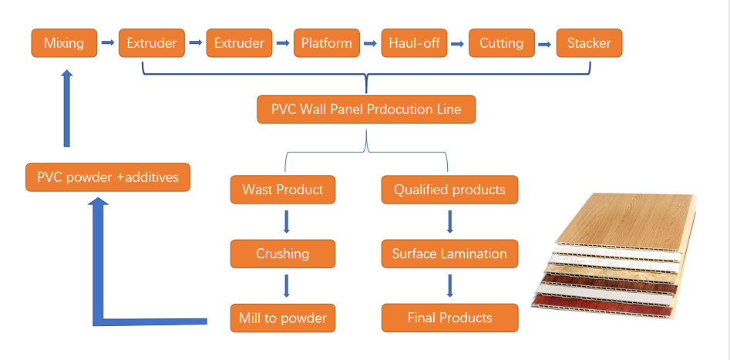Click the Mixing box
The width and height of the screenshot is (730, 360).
[64, 43]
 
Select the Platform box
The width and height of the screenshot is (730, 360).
[327, 43]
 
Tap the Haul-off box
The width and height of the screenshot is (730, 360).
[415, 43]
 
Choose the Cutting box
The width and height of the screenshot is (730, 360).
[502, 43]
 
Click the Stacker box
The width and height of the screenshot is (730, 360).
[590, 43]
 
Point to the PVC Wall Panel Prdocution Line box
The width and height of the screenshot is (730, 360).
[366, 109]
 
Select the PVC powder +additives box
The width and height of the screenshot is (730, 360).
[107, 177]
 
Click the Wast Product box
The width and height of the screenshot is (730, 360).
[283, 190]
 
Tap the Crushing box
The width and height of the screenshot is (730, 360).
[283, 254]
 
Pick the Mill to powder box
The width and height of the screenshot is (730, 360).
[283, 318]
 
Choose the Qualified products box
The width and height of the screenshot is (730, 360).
[449, 190]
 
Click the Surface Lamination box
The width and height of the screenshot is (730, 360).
[449, 254]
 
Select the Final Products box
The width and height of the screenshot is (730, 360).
[449, 318]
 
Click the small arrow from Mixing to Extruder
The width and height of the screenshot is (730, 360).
[107, 43]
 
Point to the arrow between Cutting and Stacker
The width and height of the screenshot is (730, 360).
[546, 43]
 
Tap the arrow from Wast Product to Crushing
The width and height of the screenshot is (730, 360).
[286, 221]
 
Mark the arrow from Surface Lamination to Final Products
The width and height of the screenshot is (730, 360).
[450, 286]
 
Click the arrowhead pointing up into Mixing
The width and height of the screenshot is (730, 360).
[66, 76]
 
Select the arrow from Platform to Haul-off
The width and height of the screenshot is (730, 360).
[371, 43]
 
